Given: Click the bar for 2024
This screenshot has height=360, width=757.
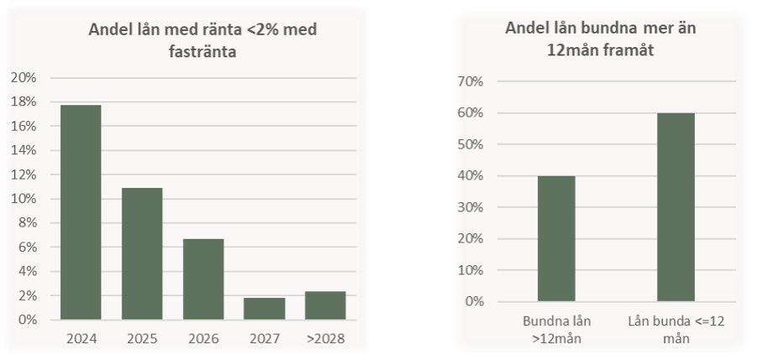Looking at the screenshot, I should (81, 212).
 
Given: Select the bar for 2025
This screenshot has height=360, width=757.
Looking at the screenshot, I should (142, 253).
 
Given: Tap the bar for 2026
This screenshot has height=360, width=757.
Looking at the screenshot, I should (203, 279).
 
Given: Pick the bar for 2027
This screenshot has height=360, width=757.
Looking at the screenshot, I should (264, 309).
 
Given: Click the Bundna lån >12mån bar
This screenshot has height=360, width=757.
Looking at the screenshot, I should (556, 238).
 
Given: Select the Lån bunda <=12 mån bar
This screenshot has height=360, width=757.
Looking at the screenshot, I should (676, 206).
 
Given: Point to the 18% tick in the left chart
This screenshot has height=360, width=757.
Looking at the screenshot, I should (23, 102).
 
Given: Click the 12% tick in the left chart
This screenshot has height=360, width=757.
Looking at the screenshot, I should (23, 175).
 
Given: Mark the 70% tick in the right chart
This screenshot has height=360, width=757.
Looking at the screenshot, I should (470, 81).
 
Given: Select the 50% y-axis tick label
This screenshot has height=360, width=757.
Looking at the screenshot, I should (470, 144).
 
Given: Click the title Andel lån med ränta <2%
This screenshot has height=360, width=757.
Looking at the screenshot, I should (204, 39).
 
